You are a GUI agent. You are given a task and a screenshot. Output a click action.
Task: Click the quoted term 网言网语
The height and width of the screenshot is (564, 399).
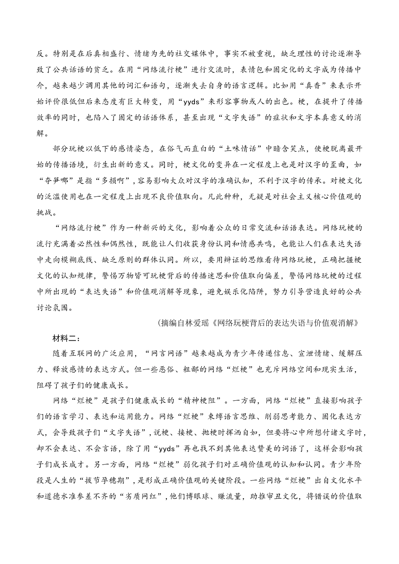point(168,353)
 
